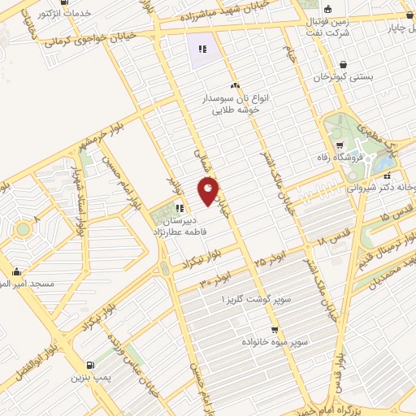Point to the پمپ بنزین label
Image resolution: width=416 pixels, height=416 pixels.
click(x=89, y=376)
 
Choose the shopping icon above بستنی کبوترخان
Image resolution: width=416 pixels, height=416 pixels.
click(x=344, y=64)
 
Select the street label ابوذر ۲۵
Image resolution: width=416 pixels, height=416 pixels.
click(x=259, y=262)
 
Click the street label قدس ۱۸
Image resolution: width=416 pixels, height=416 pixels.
click(x=333, y=237)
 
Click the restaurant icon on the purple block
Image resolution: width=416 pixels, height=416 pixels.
click(x=201, y=50)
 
